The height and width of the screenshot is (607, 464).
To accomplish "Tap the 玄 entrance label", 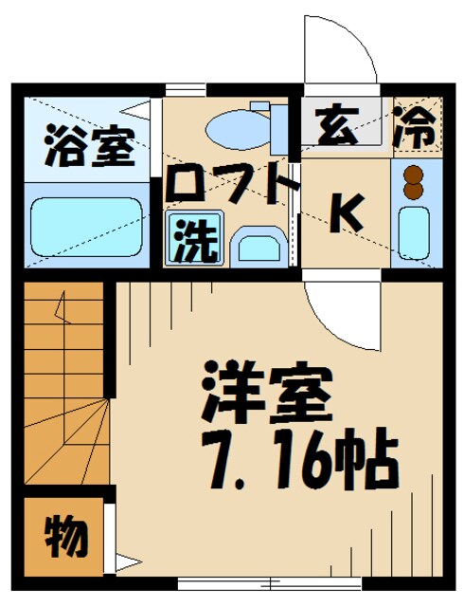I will tap(337, 128).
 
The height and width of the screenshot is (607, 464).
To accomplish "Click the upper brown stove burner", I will tap(413, 174).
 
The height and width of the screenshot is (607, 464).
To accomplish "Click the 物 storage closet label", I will tap(65, 536).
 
